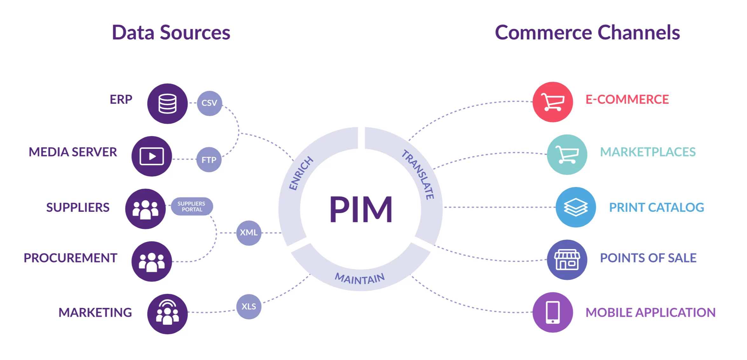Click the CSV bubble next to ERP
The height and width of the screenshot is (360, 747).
209,103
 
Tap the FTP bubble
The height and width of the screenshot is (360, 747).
209,160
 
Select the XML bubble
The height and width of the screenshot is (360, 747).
249,233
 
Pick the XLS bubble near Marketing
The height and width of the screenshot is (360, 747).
249,307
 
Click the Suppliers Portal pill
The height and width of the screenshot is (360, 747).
192,206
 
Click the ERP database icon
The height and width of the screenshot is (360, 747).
167,104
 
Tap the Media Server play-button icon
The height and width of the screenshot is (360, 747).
152,156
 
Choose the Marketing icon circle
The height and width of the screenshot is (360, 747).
167,314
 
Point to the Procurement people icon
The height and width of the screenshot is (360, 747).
152,261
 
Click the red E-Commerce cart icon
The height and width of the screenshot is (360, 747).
552,102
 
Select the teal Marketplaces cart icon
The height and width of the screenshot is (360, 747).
567,155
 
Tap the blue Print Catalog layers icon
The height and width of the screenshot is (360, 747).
576,207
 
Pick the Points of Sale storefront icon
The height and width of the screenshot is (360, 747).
567,260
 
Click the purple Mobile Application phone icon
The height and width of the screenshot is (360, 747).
552,312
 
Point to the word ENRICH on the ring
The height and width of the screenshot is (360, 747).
301,173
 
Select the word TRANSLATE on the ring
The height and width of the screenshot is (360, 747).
418,174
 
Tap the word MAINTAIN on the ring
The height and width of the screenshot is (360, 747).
360,279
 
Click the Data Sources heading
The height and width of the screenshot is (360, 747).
171,32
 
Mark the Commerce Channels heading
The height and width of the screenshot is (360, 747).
587,32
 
